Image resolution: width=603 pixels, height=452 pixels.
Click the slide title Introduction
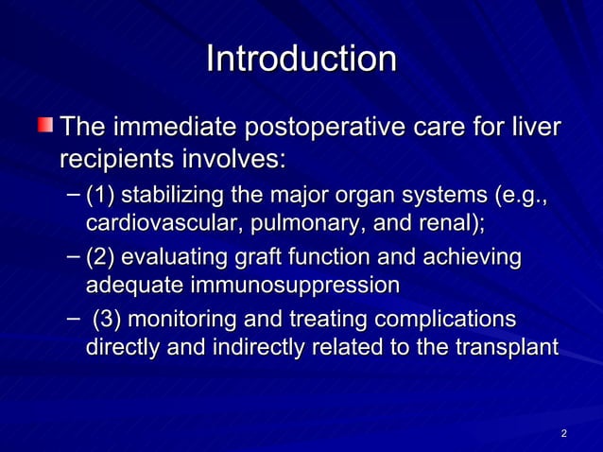click(301, 60)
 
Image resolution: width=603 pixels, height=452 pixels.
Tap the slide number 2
click(563, 434)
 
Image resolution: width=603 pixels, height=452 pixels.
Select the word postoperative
click(335, 127)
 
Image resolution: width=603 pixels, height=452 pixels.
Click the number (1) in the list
click(100, 198)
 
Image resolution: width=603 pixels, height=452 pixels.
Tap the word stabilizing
click(172, 198)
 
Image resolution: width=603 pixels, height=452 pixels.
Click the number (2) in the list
click(100, 257)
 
